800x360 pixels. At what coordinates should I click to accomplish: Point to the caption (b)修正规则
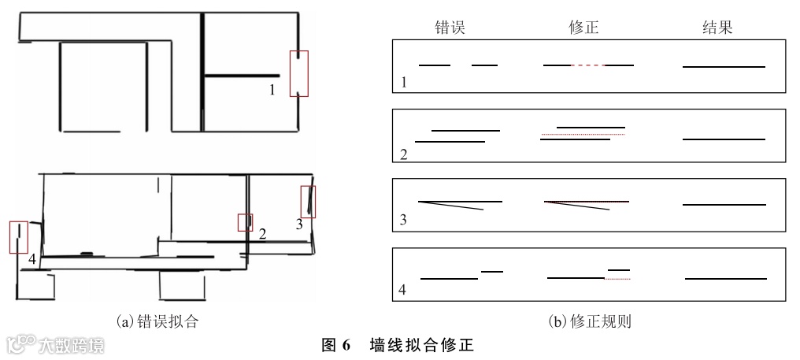tap(590, 321)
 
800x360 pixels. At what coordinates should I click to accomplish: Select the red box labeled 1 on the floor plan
tap(299, 73)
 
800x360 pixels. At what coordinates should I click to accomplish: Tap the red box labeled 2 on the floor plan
tap(246, 222)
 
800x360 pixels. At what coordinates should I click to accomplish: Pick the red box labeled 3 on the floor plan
tap(308, 201)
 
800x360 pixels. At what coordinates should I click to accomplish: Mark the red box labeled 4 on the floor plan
tap(18, 237)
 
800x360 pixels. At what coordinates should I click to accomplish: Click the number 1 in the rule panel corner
tap(402, 82)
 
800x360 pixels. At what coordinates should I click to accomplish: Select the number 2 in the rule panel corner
tap(403, 154)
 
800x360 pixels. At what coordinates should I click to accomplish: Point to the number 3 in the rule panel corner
tap(403, 220)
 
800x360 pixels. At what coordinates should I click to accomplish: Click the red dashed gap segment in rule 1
tap(588, 65)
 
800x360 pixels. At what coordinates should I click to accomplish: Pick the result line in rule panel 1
tap(724, 67)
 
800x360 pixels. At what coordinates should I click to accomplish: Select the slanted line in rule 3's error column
tap(451, 206)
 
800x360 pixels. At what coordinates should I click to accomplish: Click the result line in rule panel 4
tap(726, 278)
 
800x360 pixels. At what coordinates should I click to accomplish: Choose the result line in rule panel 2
tap(724, 139)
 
